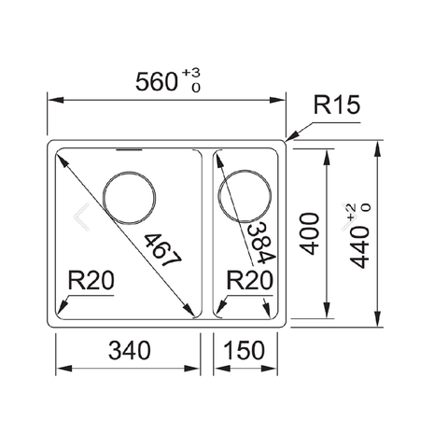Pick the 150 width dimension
click(x=245, y=351)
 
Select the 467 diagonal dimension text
click(x=161, y=251)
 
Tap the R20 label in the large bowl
click(x=89, y=279)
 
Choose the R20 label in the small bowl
click(x=249, y=279)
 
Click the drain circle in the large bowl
click(x=130, y=197)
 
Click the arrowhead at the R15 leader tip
click(x=288, y=140)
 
